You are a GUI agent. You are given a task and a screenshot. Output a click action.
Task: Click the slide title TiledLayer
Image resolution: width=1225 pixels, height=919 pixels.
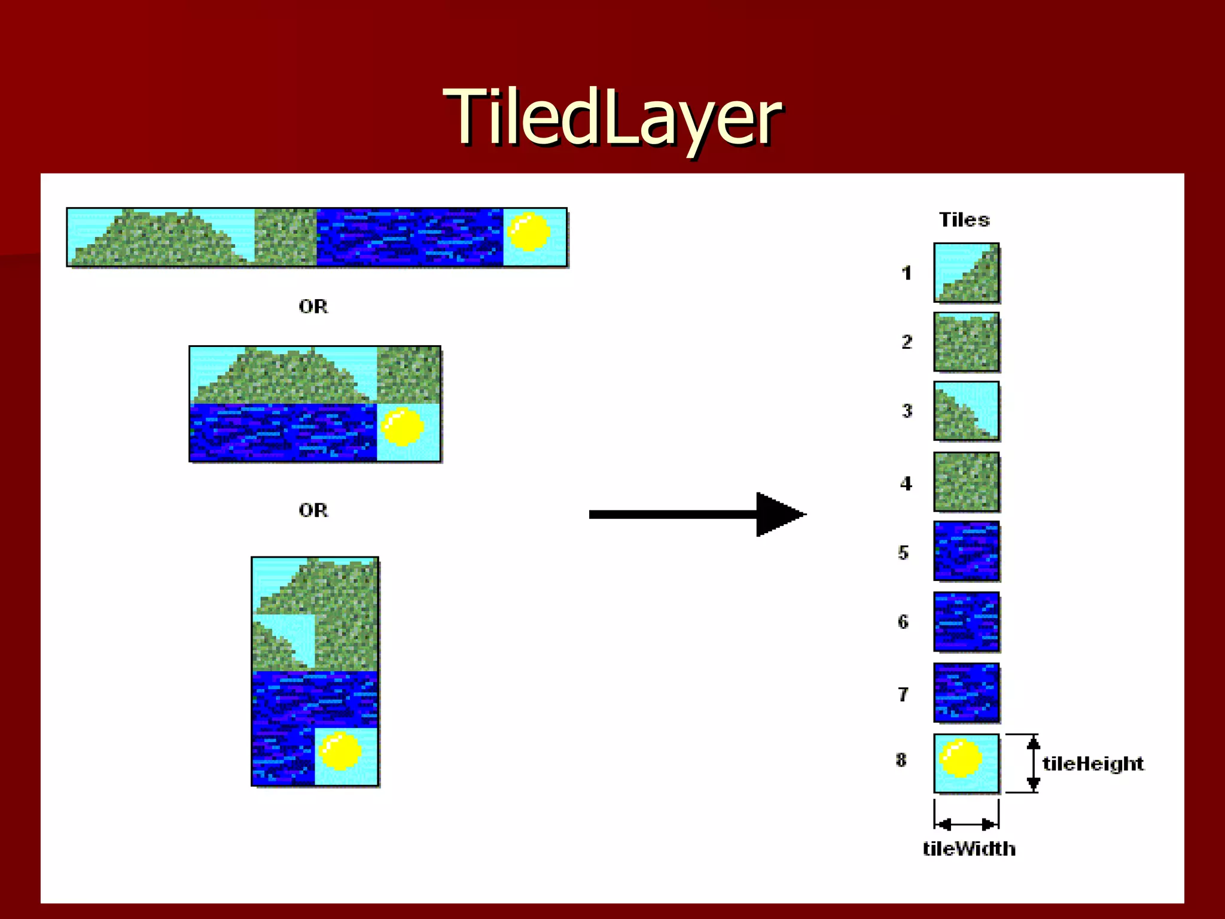[612, 117]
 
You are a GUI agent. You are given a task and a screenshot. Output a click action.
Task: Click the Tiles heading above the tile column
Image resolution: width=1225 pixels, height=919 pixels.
[964, 220]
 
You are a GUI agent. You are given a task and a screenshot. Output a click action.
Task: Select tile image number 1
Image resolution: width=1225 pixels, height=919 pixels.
[966, 272]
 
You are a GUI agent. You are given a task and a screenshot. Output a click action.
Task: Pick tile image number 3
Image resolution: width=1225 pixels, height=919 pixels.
[966, 411]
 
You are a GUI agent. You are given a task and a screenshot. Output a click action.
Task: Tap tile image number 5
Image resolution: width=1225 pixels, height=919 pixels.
[966, 551]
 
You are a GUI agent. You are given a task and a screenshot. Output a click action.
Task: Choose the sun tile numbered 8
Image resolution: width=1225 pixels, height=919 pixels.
[966, 763]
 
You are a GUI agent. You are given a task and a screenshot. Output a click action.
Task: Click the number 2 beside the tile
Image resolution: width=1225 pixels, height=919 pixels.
[907, 342]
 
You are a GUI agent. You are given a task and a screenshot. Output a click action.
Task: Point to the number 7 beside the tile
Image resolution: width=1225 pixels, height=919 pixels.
[903, 694]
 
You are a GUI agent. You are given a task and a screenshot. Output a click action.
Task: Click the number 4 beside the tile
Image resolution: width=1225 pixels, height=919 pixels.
[906, 483]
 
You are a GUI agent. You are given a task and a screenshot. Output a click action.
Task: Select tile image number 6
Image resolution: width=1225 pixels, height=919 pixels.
[966, 622]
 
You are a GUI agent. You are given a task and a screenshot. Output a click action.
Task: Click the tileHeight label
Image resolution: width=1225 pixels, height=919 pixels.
[1093, 763]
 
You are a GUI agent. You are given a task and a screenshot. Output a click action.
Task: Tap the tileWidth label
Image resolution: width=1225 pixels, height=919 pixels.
[968, 848]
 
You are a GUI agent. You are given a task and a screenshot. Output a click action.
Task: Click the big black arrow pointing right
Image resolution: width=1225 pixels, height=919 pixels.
[697, 515]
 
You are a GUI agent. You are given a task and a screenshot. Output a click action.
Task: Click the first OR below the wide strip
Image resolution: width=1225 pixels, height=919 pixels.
[313, 306]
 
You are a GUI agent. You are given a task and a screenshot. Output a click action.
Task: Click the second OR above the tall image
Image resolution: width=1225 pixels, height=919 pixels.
[313, 510]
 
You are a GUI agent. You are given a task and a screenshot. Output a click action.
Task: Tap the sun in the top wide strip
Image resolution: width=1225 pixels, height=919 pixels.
[529, 232]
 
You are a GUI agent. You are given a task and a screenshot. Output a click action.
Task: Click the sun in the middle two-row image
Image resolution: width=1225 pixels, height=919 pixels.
[403, 427]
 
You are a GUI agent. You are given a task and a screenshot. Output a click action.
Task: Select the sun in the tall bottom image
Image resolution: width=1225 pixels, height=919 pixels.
[340, 750]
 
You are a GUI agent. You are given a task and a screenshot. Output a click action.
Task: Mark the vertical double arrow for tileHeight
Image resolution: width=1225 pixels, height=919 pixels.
[1033, 763]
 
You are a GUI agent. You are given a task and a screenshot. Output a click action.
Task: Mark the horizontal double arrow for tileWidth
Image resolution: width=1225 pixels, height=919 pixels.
[966, 825]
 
